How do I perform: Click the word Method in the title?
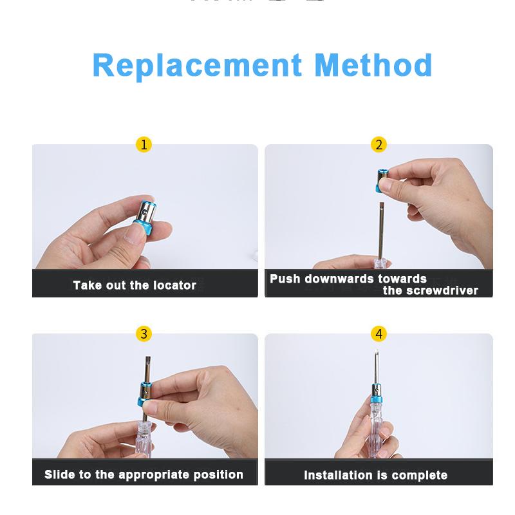click(373, 66)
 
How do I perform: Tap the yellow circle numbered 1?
click(144, 144)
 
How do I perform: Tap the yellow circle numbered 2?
click(379, 144)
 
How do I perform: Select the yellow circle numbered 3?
click(144, 333)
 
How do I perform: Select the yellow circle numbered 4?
click(379, 333)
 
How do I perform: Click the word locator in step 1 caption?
click(174, 285)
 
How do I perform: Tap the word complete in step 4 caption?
click(419, 476)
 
